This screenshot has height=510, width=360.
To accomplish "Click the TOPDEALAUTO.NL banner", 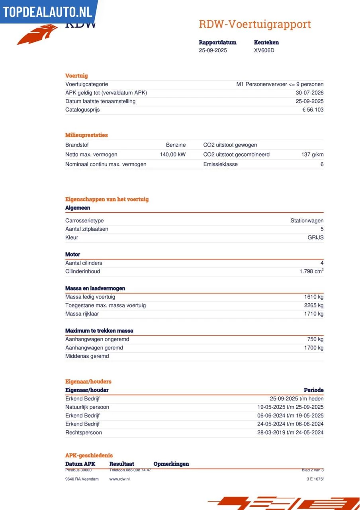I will coord(47,12).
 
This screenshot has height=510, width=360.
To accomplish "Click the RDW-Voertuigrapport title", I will coord(255,24).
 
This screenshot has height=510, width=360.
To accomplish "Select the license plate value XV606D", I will coord(264,50).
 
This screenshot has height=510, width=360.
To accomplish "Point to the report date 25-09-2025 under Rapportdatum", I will coord(213,50).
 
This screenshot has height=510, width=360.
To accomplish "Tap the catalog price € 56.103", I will coord(313,110).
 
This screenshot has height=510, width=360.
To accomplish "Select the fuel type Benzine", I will coord(176,145).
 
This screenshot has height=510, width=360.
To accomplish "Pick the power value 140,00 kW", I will coord(172,154).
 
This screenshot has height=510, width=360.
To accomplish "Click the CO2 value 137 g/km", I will coord(312,154).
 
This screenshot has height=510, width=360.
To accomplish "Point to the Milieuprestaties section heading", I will coord(86,135).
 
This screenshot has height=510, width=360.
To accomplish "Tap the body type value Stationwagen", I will coord(307,220).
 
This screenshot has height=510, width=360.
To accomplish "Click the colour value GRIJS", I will coord(315,237).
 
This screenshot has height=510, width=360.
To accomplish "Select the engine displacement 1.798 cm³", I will coord(311,271).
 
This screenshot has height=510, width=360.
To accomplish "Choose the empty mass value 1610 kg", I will coord(314,297).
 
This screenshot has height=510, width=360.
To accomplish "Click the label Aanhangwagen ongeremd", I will coord(97,339).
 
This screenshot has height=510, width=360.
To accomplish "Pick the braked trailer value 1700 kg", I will coord(314,348).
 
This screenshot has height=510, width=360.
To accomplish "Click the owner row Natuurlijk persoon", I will coord(87,407).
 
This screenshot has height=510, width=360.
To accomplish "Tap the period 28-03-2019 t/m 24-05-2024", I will coord(290,432).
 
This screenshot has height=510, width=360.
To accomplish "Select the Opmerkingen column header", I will coord(171,464).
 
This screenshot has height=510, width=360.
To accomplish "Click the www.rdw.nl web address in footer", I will coord(119,479).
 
